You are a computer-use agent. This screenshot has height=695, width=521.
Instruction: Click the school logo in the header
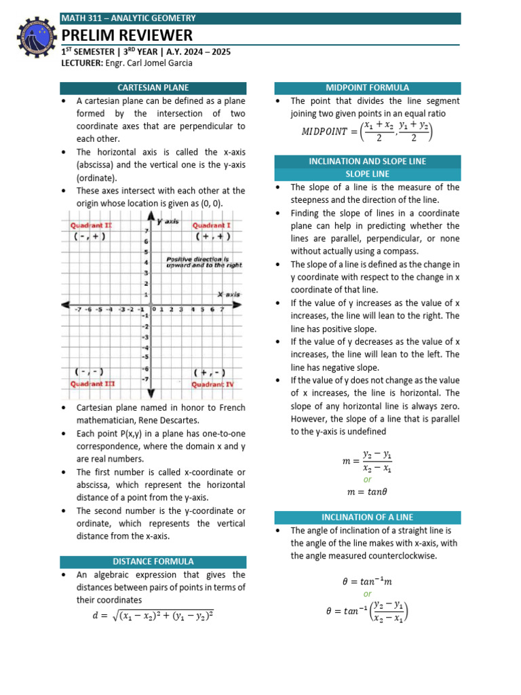33,39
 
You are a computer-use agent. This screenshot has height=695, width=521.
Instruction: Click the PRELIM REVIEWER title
127,35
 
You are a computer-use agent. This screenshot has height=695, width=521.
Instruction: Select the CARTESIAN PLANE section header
153,88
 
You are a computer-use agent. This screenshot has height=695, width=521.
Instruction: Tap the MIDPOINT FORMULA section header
367,88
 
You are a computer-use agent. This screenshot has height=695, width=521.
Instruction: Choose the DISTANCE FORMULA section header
153,561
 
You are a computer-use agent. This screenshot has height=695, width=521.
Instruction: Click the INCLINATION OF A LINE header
367,517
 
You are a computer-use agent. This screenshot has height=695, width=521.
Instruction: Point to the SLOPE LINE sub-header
367,174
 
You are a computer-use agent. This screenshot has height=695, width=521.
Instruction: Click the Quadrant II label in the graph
91,225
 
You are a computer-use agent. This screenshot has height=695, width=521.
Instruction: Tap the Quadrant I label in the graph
211,225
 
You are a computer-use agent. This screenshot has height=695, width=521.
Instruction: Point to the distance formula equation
153,616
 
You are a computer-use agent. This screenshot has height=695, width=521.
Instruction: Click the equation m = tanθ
367,491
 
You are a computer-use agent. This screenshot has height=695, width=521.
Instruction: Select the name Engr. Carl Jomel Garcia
149,63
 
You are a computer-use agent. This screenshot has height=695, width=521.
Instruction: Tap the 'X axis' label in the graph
229,294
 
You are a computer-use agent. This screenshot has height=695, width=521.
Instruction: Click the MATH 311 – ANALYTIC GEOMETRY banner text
128,18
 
